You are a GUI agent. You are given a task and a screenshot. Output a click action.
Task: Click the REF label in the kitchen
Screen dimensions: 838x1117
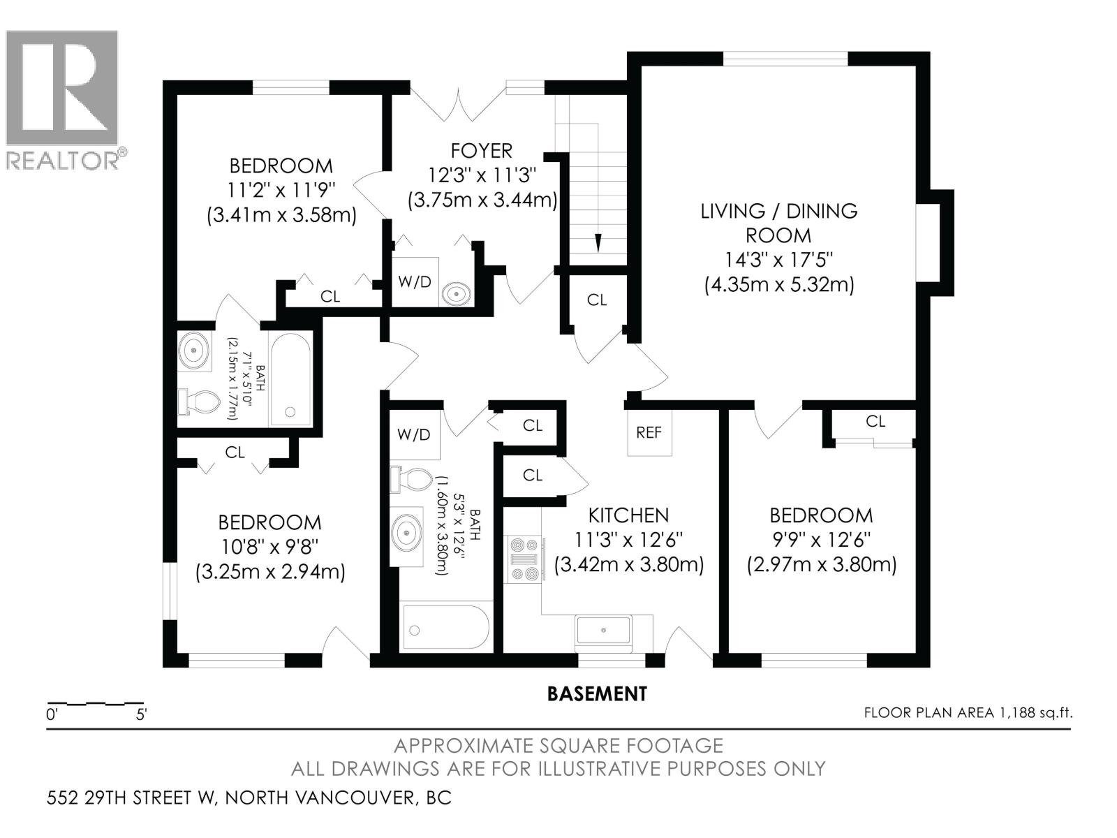(649, 433)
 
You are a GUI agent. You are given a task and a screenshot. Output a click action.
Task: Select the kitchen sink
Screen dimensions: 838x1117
(603, 630)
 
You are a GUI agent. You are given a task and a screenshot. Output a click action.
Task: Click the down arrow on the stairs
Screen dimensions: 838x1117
(598, 242)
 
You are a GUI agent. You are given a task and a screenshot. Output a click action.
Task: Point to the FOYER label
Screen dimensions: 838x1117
(481, 151)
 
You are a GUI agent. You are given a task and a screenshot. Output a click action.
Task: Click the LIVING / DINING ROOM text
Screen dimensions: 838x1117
(778, 223)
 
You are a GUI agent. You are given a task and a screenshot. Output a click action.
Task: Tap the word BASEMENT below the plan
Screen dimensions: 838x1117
(597, 694)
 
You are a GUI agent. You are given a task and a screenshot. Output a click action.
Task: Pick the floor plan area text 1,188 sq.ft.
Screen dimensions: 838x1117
(968, 713)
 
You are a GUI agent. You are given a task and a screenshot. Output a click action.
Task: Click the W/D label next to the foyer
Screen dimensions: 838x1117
(415, 282)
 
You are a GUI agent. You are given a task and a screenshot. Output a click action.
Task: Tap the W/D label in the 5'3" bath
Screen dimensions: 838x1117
(414, 434)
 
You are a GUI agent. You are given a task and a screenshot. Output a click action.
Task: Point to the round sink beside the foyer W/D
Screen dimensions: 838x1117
(457, 293)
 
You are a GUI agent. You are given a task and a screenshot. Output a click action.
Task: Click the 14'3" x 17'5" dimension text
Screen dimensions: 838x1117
(778, 260)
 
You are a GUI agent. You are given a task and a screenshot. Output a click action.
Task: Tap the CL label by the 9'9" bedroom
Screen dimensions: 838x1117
(875, 422)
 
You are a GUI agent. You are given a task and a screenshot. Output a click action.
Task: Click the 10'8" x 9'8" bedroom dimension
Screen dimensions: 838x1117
(269, 547)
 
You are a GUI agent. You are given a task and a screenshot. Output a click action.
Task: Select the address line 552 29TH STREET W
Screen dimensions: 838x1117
(249, 797)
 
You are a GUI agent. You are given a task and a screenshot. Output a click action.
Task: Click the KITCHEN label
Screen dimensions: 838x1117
(628, 515)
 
